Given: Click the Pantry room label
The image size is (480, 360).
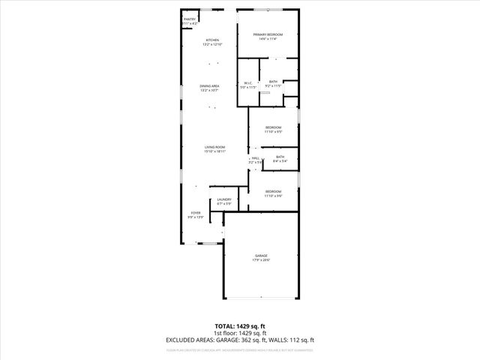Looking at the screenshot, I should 190,19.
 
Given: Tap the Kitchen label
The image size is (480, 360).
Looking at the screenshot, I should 212,40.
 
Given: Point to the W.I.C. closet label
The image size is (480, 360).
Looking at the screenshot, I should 248,83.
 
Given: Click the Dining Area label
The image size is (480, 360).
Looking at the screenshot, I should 209,86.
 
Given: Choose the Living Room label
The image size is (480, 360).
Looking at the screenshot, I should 215,147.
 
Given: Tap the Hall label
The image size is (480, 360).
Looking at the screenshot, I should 255,158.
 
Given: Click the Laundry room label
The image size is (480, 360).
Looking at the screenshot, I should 223,199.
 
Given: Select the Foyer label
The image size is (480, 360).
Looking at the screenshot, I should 196,213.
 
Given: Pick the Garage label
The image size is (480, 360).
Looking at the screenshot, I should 261,256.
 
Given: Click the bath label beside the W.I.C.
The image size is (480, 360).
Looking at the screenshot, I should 274,81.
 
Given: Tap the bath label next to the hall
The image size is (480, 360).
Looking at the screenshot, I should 280,157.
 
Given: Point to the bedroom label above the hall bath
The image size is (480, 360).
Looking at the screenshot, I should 273,127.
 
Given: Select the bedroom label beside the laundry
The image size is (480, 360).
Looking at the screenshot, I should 273,191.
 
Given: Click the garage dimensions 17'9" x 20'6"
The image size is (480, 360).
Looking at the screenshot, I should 261,260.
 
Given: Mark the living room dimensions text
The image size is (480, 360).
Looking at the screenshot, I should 215,151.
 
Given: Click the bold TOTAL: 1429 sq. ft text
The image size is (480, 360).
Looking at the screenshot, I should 240,325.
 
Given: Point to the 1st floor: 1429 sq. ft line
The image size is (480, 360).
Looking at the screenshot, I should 240,332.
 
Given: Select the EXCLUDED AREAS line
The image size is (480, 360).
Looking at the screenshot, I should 240,340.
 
